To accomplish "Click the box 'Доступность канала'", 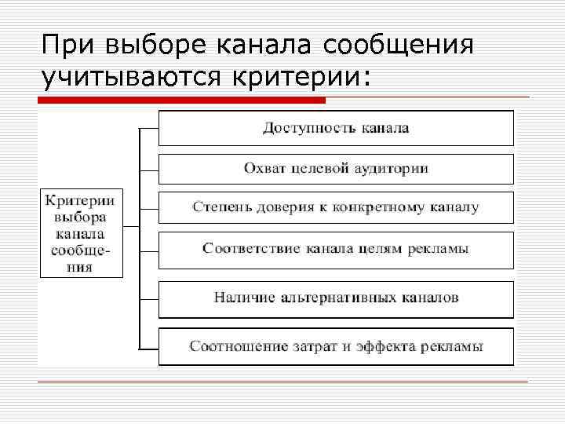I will [336, 128].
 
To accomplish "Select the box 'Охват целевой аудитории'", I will [336, 169].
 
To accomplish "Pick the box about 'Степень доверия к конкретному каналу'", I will [336, 208].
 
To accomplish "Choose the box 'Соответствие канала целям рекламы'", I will [336, 249].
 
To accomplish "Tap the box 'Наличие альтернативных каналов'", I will [336, 298].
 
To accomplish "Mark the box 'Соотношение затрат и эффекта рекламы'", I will [336, 345].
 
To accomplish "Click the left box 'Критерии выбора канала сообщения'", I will [81, 232].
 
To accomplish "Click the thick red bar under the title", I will [181, 101].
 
